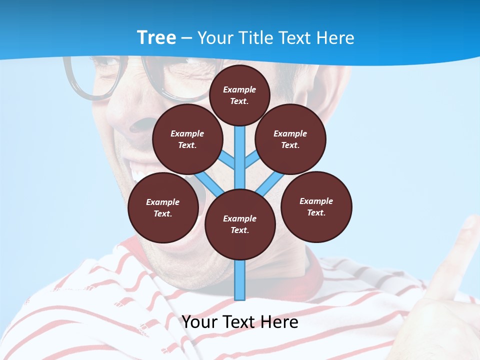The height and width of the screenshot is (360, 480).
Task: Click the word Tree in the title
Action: (x=156, y=37)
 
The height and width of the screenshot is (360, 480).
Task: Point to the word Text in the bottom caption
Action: (x=240, y=322)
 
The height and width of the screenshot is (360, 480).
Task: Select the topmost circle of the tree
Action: (x=239, y=95)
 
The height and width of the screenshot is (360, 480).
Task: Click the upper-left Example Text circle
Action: (x=187, y=139)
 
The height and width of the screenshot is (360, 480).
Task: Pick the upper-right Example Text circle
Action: (x=290, y=139)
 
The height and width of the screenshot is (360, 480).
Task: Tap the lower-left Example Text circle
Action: (x=163, y=207)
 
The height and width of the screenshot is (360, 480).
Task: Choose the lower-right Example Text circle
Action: (x=316, y=206)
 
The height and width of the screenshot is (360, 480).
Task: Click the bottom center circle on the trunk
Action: (x=240, y=224)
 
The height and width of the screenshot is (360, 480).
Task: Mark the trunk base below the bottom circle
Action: (x=240, y=280)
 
